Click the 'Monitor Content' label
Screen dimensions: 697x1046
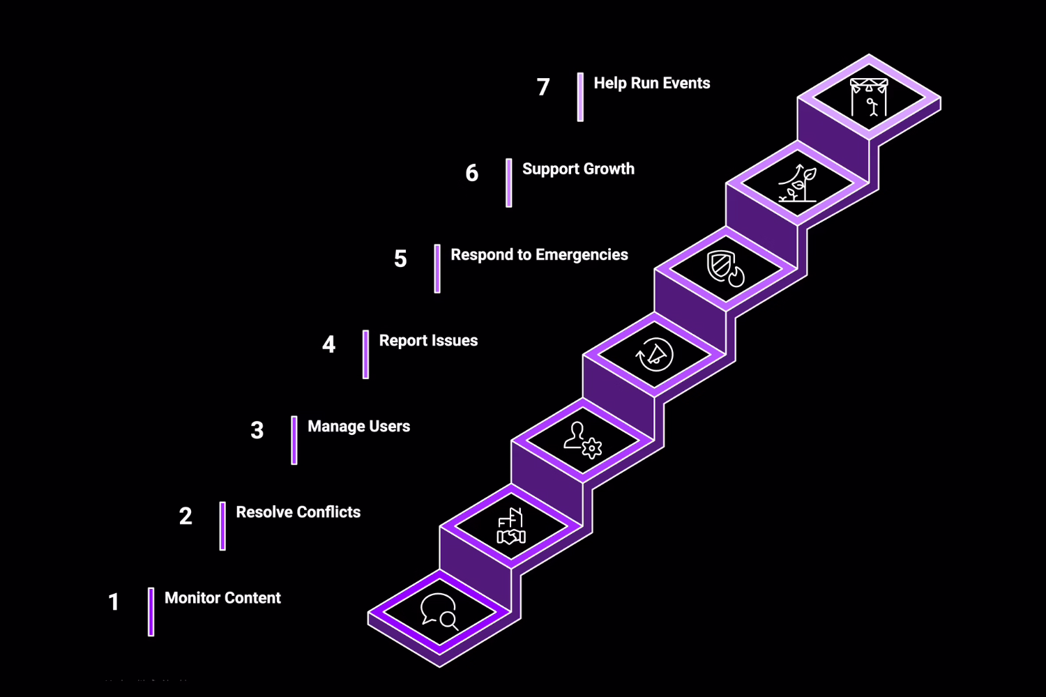222,598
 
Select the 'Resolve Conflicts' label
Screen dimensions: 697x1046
298,512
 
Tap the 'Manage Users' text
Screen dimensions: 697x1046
358,427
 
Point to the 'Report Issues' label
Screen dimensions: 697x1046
428,341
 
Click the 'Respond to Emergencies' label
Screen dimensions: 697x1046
539,255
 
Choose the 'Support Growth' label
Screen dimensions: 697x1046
578,169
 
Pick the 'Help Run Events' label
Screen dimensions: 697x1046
651,84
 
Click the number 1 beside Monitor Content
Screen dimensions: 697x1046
114,602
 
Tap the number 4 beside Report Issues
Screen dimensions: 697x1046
328,344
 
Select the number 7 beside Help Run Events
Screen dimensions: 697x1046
543,87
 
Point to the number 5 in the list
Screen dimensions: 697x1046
400,259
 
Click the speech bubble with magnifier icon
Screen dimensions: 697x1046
439,612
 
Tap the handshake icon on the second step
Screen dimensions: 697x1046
511,527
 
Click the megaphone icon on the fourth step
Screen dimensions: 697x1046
655,355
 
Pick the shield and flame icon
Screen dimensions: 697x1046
726,268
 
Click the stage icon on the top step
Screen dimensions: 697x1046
869,98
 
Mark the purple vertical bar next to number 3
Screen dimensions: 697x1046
294,441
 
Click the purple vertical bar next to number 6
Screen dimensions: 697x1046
509,183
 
